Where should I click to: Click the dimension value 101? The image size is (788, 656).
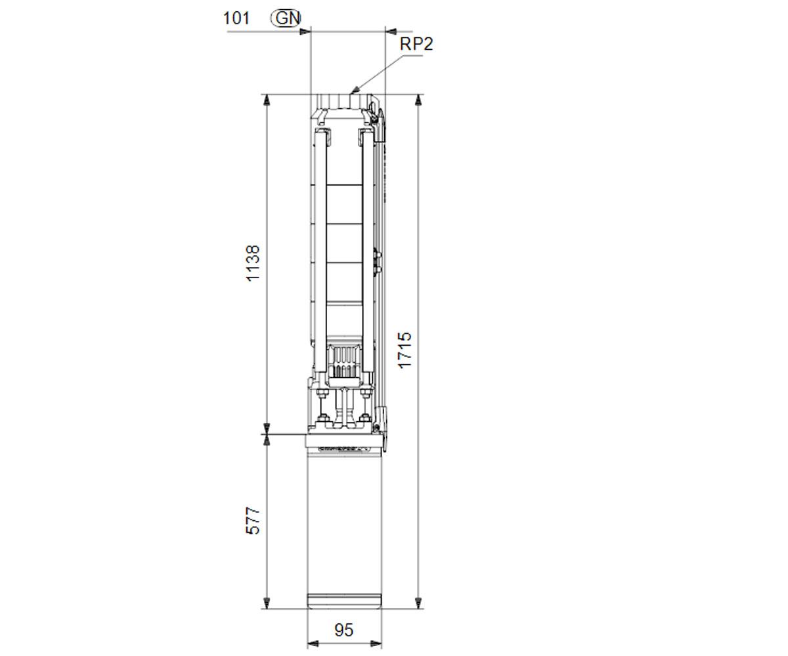pos(236,18)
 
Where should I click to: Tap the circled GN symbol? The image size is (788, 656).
pos(286,18)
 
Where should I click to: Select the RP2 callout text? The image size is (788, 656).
pos(416,44)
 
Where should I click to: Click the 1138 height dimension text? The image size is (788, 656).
pos(253,263)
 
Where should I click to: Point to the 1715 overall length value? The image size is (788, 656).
pos(405,350)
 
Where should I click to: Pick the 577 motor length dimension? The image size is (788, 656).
pos(253,521)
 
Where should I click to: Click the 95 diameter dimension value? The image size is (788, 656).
pos(344,630)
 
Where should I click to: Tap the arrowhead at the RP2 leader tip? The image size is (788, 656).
pos(354,91)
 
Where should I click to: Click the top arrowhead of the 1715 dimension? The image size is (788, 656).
pos(418,100)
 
